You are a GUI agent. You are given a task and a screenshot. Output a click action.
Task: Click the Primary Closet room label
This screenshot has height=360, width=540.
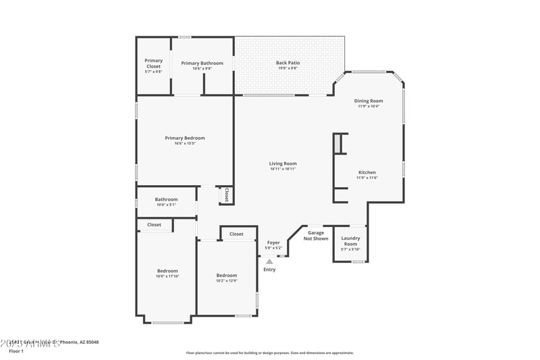(153, 63)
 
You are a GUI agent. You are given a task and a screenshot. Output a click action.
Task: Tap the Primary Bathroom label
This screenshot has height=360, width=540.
(202, 63)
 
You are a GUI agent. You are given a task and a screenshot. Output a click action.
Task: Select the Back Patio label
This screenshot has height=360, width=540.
(288, 63)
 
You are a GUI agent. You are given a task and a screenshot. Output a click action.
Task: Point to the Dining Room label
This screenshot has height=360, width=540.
(369, 101)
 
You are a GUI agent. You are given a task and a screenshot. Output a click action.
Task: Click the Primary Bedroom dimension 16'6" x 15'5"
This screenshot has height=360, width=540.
(185, 143)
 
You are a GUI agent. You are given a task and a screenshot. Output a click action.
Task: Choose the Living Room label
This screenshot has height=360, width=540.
(283, 163)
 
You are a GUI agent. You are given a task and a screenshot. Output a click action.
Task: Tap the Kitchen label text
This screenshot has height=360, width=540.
(367, 172)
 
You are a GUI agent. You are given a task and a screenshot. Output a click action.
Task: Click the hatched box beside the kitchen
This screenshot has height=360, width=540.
(336, 143)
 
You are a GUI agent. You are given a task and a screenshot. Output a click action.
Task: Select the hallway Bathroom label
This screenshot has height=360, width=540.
(166, 199)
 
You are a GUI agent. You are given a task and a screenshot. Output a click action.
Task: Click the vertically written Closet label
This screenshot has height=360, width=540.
(226, 195)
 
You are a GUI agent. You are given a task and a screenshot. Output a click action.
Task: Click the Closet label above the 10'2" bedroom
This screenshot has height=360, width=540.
(236, 234)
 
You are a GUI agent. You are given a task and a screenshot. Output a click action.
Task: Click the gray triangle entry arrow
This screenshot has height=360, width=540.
(269, 261)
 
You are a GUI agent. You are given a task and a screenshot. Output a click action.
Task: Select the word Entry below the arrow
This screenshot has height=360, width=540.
(269, 269)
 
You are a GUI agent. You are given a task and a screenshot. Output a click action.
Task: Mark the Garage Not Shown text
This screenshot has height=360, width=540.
(316, 235)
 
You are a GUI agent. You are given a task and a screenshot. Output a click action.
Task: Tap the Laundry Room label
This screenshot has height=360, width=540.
(350, 240)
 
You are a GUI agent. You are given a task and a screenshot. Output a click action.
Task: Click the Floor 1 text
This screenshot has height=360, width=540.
(16, 351)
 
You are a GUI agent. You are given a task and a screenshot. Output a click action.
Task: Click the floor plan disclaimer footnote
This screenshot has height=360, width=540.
(269, 353)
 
